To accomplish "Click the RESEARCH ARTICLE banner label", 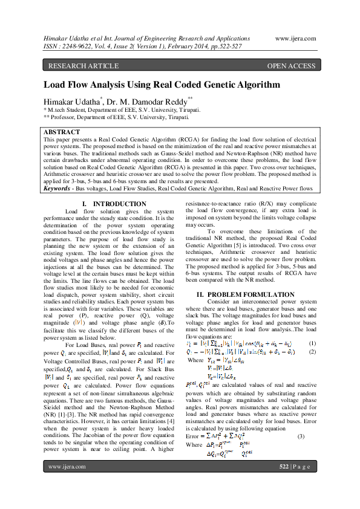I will (x=76, y=66).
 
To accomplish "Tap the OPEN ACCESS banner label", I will (x=291, y=66).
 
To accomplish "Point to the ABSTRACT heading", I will (x=62, y=132).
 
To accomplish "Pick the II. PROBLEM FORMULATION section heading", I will (x=248, y=294).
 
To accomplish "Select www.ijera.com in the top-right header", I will (x=295, y=38).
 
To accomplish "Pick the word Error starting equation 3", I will (x=193, y=436).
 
